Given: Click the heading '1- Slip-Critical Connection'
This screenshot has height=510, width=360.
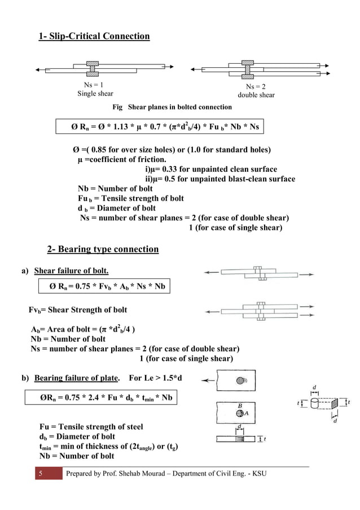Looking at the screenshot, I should [94, 37].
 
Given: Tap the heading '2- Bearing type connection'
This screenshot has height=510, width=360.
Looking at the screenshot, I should [103, 249].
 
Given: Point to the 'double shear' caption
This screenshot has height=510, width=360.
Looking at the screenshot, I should [256, 95].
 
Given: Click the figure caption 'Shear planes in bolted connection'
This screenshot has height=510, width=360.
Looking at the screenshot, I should [179, 107].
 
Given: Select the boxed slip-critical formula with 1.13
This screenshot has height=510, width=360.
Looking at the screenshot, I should [164, 127].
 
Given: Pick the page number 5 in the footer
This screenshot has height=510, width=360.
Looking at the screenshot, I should [40, 473].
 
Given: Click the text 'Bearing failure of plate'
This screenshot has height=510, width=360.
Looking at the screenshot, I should [76, 377].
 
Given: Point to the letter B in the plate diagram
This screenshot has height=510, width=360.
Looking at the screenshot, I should [239, 405].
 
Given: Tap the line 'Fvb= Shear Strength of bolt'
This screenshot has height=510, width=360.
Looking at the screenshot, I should [78, 310].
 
